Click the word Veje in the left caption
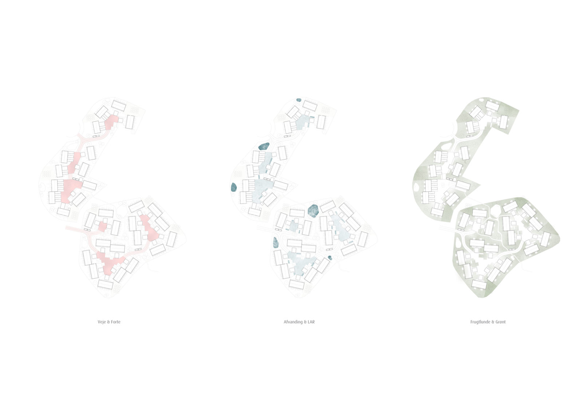(x=102, y=322)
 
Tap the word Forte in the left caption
(x=115, y=322)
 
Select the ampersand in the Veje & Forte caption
(x=109, y=322)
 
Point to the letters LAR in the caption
(x=311, y=322)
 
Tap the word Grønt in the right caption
(x=501, y=322)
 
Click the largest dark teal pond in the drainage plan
(x=313, y=211)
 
